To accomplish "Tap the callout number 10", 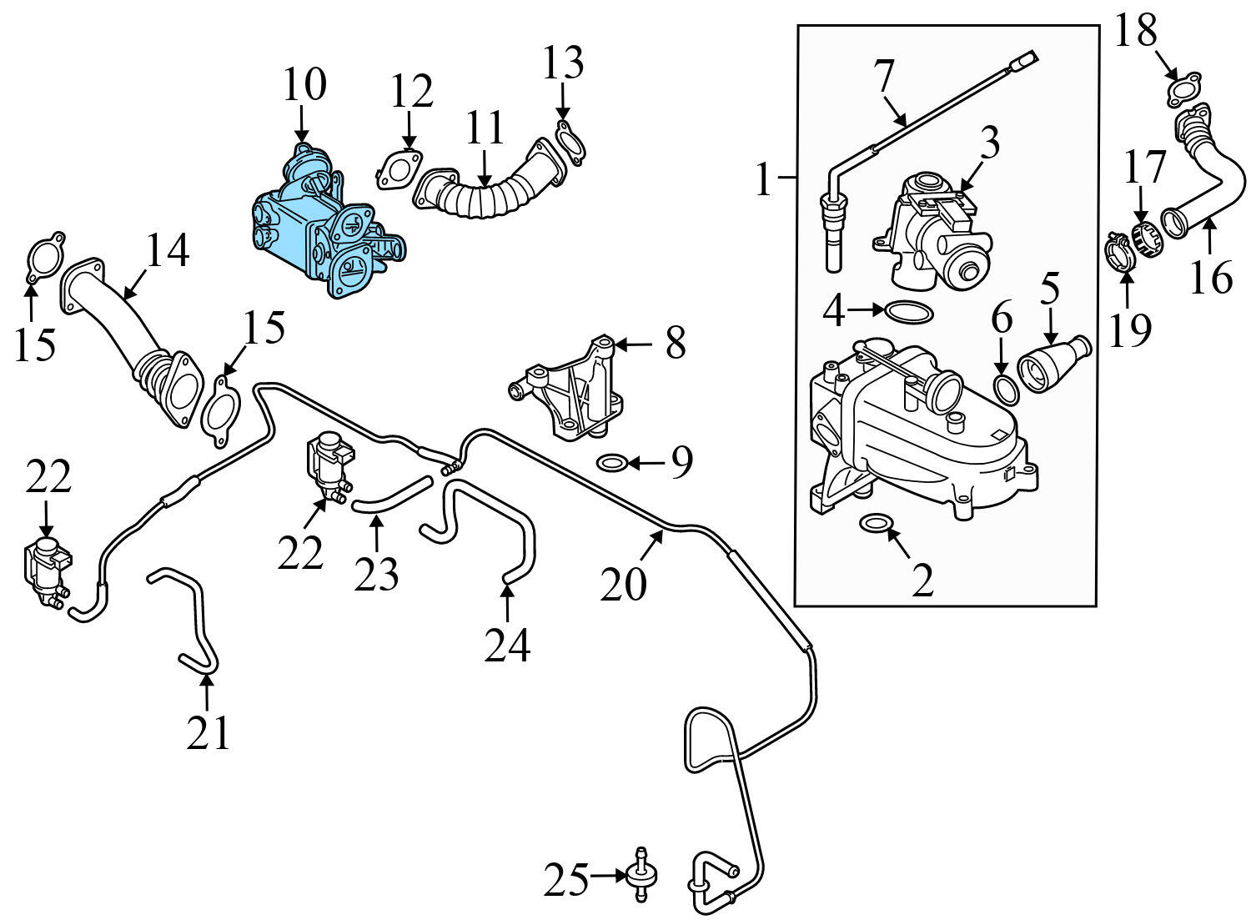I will (304, 86).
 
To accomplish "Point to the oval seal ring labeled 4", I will (908, 312).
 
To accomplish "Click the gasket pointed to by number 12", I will (398, 168).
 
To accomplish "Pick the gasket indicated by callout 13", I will (569, 139).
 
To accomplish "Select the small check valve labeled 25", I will (641, 875).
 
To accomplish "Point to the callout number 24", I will (507, 645).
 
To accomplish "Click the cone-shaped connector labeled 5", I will (1053, 366).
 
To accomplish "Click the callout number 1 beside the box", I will (764, 179).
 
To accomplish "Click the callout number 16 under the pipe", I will (1210, 277).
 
